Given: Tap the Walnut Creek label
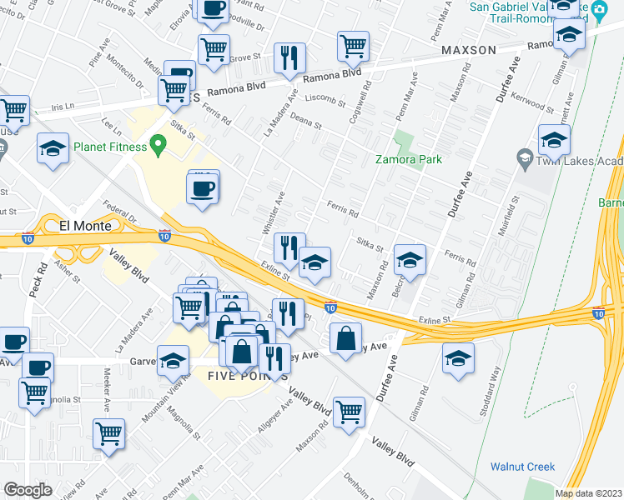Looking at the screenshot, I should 521,467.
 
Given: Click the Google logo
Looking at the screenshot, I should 28,489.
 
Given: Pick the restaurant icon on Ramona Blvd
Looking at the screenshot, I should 290,58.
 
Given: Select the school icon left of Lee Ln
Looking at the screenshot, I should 53,149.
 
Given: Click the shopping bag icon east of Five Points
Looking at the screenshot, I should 345,339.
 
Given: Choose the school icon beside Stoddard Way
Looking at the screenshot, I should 457,359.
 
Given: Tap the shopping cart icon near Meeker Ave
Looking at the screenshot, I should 108,435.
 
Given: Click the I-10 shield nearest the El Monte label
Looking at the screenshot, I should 164,236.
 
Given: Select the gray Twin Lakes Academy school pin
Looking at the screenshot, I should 525,157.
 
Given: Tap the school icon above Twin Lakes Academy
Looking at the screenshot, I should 553,141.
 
